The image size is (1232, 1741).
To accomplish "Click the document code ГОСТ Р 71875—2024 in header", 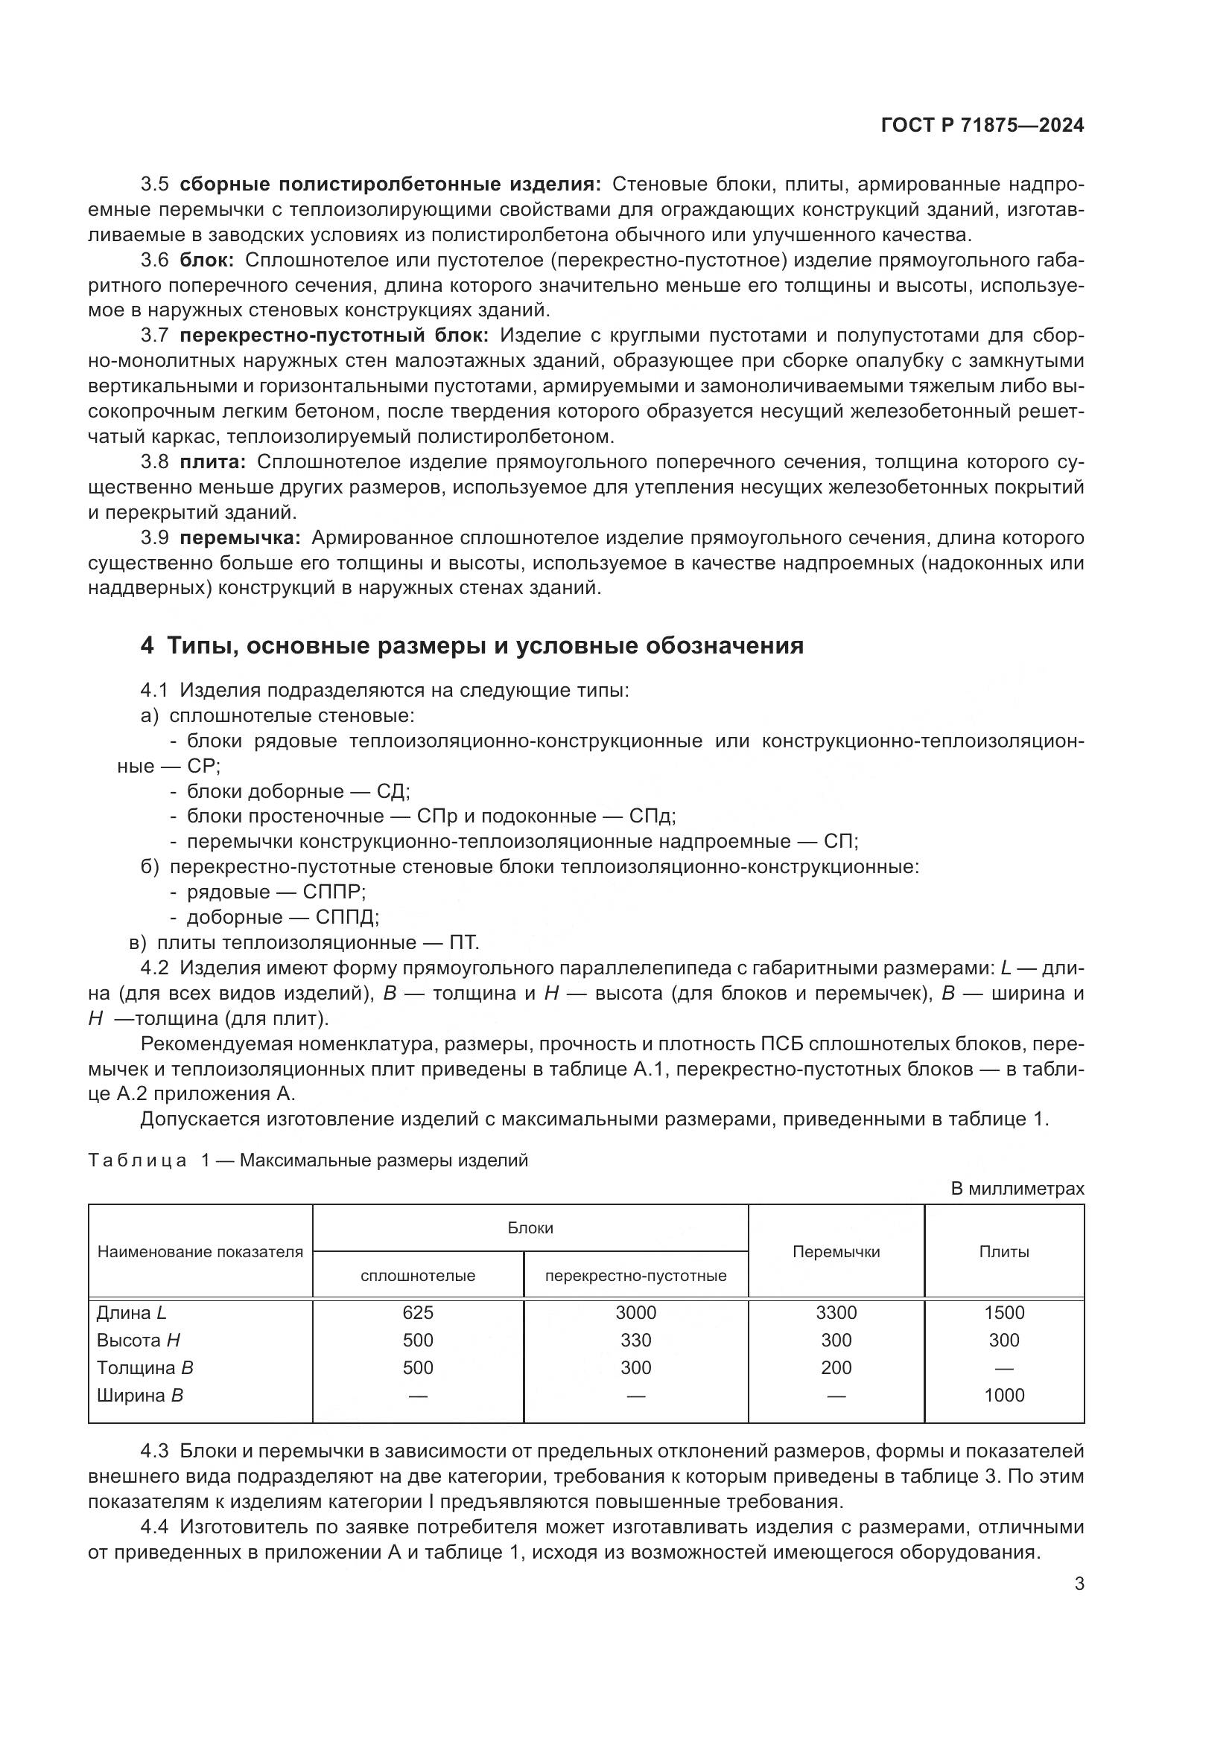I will tap(982, 126).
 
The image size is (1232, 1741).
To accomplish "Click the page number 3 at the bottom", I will tap(1079, 1583).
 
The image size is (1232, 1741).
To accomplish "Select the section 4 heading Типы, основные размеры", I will tap(471, 645).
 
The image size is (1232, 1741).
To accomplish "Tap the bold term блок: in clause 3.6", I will tap(207, 260).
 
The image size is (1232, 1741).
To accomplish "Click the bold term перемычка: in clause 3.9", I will tap(241, 537).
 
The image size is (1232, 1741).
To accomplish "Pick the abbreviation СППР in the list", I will tap(333, 892).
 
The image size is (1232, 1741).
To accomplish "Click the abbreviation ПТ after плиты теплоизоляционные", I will tap(463, 942).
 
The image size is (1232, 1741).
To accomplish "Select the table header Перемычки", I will tap(836, 1252).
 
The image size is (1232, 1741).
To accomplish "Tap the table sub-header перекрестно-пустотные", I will tap(635, 1276).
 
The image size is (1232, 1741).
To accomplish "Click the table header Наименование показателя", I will tap(200, 1252).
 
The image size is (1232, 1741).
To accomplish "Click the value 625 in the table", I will tap(417, 1312).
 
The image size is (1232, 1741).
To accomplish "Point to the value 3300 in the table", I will tap(836, 1312).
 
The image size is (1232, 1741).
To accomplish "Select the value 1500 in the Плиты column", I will tap(1003, 1312).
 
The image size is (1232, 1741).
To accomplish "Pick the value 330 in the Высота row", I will tap(635, 1340).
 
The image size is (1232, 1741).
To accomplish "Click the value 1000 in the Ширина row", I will tap(1003, 1395).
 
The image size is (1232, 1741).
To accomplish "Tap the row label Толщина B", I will tap(145, 1368).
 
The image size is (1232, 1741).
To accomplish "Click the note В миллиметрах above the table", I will tap(1017, 1188).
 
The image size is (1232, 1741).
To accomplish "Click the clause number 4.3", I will tap(154, 1451).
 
